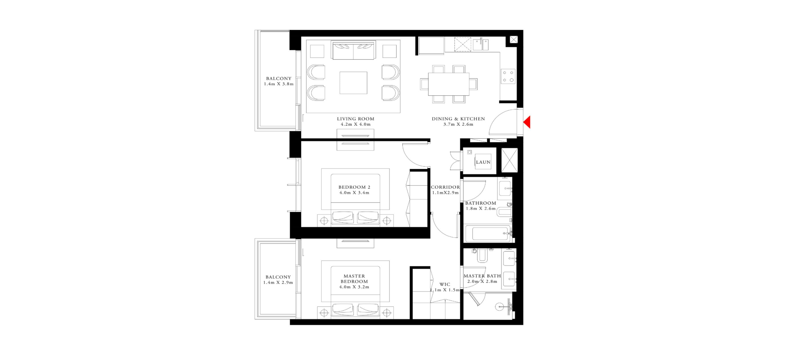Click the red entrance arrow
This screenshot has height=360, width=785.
pyautogui.click(x=527, y=122)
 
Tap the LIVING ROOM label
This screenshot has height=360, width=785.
pyautogui.click(x=355, y=119)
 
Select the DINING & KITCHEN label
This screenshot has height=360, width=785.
pyautogui.click(x=458, y=119)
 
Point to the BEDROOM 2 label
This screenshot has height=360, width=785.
pyautogui.click(x=354, y=187)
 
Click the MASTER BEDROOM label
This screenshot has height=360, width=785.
pyautogui.click(x=354, y=279)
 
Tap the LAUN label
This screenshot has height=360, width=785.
pyautogui.click(x=483, y=162)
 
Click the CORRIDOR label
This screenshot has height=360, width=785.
pyautogui.click(x=445, y=187)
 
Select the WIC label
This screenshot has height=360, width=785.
pyautogui.click(x=445, y=284)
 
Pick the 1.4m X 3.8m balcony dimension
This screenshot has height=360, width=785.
pyautogui.click(x=279, y=84)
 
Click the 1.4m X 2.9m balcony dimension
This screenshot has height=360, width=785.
pyautogui.click(x=278, y=283)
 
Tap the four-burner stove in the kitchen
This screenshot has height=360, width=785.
pyautogui.click(x=508, y=76)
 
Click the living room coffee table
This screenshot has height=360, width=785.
pyautogui.click(x=353, y=83)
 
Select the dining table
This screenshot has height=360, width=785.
pyautogui.click(x=448, y=84)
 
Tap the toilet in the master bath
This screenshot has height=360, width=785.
pyautogui.click(x=482, y=255)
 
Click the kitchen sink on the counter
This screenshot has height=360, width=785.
pyautogui.click(x=481, y=45)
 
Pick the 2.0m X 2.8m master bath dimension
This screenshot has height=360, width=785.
pyautogui.click(x=482, y=281)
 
